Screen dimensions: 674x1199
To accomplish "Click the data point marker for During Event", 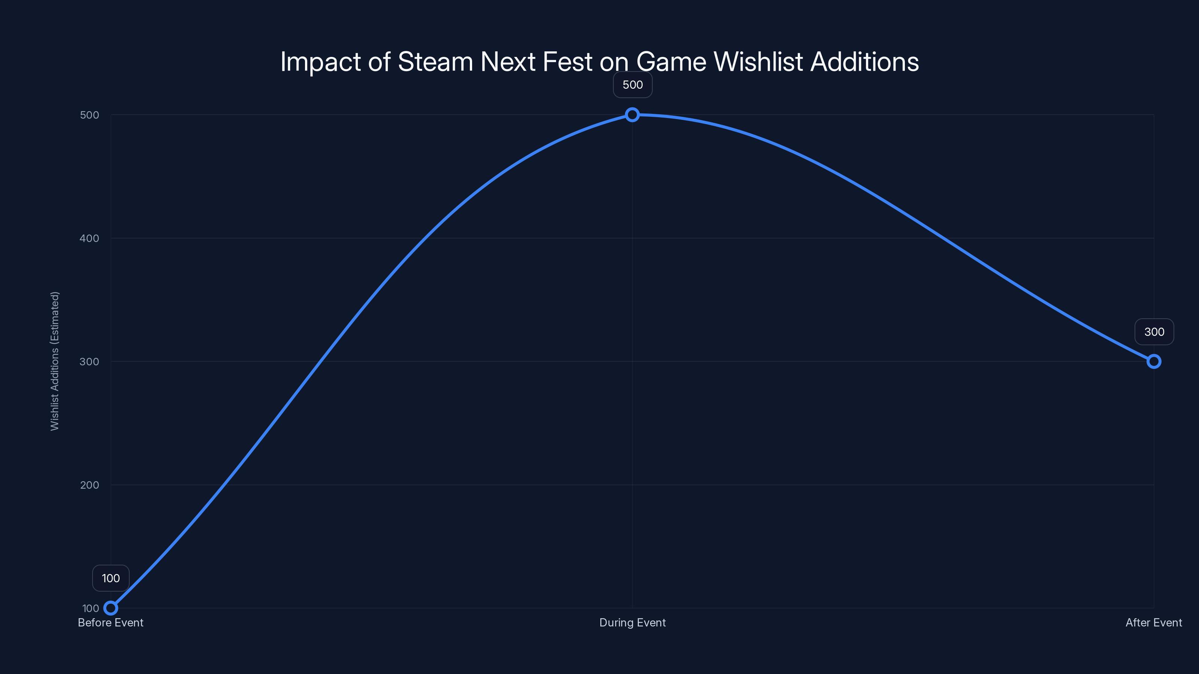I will tap(632, 115).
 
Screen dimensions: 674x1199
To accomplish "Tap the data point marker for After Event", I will tap(1154, 361).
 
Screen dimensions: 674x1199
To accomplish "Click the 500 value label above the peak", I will tap(632, 85).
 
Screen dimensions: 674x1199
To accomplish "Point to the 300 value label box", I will tap(1154, 332).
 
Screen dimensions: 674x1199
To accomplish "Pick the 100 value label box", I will tap(111, 578).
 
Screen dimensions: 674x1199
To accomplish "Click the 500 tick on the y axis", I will tap(90, 115).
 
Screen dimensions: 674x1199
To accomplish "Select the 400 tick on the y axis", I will tap(90, 238).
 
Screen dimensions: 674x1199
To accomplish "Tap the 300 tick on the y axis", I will tap(90, 361).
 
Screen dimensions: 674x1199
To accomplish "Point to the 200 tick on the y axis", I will tap(90, 485).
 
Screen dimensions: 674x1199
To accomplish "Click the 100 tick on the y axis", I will tap(91, 608).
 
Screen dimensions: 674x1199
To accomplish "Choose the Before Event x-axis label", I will tap(111, 622).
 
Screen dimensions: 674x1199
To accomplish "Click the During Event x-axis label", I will tap(632, 622).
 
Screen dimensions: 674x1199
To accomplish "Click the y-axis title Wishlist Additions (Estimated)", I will tap(55, 361).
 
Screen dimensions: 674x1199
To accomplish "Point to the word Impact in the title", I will tap(320, 62).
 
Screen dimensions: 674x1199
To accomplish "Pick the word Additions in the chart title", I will tap(864, 61).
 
